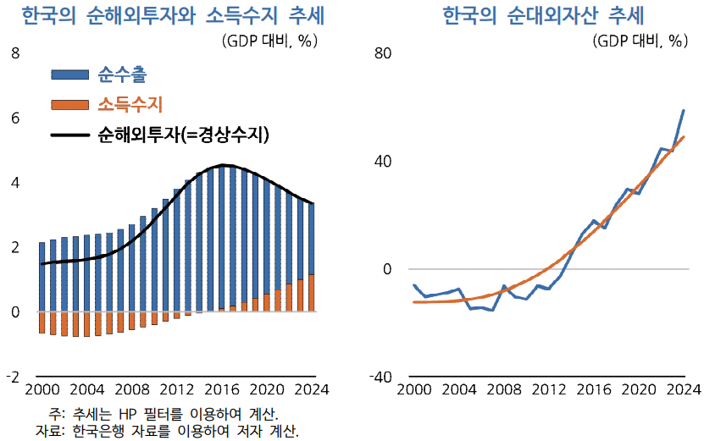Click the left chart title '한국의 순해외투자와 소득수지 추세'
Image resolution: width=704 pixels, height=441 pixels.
[175, 16]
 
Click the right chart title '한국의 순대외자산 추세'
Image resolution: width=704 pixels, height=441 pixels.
[543, 16]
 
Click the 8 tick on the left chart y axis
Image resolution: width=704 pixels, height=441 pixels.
[14, 53]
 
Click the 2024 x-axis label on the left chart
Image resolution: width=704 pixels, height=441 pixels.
[312, 390]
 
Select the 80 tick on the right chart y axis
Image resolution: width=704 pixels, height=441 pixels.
[383, 53]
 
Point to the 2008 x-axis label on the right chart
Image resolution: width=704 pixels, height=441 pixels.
[504, 390]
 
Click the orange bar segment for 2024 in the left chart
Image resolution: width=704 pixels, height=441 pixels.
[312, 293]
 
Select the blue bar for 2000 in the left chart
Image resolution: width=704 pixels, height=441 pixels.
[42, 277]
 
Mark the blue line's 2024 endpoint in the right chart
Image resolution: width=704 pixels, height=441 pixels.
[684, 111]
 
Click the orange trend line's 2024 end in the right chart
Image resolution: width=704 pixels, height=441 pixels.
[684, 137]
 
